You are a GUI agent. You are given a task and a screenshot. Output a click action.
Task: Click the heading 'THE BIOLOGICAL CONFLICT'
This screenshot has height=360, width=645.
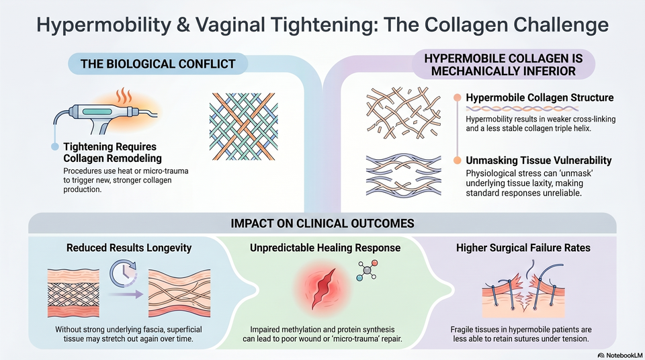coord(158,64)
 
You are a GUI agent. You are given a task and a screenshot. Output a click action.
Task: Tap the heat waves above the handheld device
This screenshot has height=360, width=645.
coord(124,95)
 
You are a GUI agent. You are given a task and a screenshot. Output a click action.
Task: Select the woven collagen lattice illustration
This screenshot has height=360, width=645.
coord(243,127)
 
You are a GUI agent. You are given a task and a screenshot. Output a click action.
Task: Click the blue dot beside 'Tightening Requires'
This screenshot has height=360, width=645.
coord(55,147)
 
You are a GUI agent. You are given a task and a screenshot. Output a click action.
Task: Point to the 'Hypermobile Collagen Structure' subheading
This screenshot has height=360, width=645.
coord(540,98)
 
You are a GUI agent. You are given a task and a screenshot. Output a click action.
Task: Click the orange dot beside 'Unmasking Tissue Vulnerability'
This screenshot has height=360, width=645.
coord(457,161)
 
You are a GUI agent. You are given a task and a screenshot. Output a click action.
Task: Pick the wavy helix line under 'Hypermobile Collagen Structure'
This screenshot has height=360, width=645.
coord(522,109)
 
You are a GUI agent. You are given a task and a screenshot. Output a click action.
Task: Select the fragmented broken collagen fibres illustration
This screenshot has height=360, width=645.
coord(404,112)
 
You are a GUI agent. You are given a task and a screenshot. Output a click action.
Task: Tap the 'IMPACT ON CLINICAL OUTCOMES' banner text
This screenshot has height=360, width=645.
coord(322,224)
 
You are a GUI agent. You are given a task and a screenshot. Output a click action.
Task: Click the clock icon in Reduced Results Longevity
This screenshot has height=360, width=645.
coord(124,273)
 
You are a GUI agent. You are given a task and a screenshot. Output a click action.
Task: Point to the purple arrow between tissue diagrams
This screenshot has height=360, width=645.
coord(126,294)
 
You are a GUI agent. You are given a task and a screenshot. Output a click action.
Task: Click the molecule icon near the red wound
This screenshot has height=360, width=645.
coord(367,270)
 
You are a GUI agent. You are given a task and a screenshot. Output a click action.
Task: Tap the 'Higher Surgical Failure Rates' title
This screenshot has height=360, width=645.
coord(523,248)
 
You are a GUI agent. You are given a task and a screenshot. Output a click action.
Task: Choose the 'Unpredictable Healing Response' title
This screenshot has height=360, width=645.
coord(325,248)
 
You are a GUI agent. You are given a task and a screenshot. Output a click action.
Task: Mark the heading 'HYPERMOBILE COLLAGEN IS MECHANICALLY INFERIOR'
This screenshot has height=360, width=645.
coord(503,64)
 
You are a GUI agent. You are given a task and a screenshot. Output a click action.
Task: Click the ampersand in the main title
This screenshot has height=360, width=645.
coord(182,25)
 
